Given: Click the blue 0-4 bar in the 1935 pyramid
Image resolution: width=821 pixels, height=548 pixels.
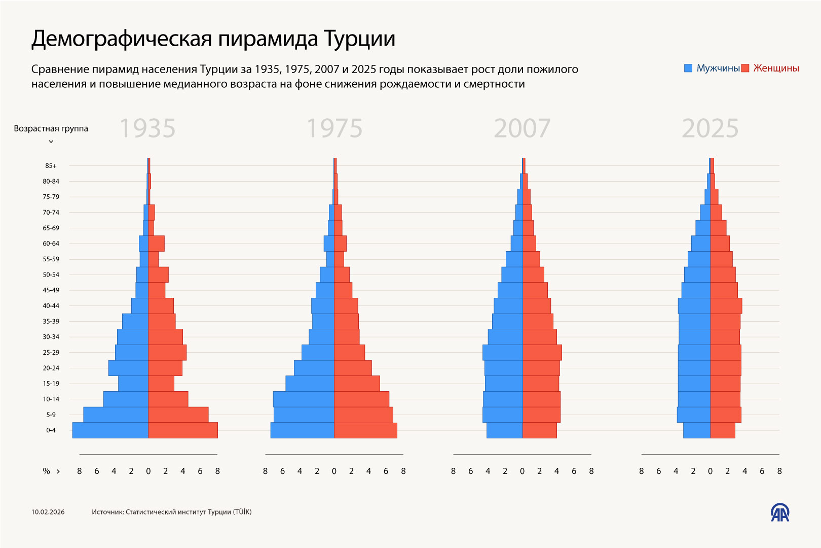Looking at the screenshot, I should [110, 430].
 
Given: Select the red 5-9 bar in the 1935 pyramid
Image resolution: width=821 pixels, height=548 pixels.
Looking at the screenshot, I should [178, 415].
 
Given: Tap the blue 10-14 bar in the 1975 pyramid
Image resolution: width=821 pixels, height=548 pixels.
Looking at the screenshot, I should [303, 399].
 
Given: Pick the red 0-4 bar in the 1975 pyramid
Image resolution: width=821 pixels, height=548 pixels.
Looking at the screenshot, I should [365, 430].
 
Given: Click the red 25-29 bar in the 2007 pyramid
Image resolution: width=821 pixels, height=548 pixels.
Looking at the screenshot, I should [542, 353].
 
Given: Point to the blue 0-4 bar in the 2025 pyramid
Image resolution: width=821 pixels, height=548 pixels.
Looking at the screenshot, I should [697, 430].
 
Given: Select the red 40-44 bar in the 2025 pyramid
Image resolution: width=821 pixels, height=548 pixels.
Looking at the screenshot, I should [726, 306].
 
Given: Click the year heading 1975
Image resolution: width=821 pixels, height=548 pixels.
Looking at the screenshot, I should [334, 128].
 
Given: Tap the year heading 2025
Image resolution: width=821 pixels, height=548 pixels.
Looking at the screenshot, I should [710, 128].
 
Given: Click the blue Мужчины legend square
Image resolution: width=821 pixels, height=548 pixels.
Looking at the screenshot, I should [688, 68].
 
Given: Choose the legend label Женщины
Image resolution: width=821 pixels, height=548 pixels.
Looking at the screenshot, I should [776, 68].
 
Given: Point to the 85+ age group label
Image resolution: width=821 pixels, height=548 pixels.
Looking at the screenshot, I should [51, 166].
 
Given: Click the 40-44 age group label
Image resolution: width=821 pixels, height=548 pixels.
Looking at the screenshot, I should [51, 306].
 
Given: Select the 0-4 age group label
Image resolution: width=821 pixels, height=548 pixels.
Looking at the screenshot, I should [51, 430].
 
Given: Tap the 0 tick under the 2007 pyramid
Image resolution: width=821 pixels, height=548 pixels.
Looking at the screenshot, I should [522, 471].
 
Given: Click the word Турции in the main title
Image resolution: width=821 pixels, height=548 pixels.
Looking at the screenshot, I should [359, 39].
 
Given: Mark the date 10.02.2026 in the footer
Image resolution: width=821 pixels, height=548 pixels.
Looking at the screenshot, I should [48, 512].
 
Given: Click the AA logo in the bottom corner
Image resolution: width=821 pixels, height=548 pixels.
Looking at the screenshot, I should [780, 512].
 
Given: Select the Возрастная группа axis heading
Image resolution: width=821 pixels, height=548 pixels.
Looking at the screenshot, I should [51, 129].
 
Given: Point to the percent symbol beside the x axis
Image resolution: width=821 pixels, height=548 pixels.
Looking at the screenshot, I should [46, 471].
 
